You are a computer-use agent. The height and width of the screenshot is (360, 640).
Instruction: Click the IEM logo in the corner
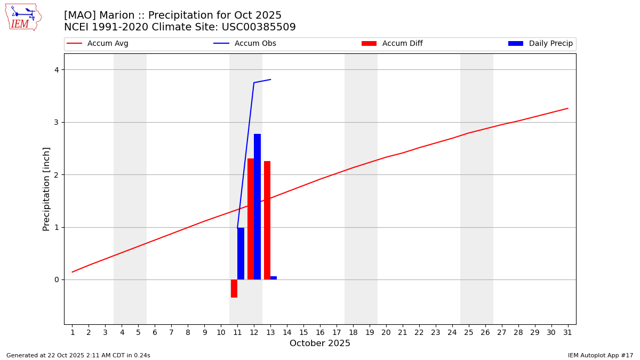[23, 17]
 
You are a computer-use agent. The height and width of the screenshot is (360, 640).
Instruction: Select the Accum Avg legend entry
[98, 44]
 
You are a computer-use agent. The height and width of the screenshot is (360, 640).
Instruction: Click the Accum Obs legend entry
[245, 44]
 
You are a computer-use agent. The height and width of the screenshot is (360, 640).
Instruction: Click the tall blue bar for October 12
[257, 206]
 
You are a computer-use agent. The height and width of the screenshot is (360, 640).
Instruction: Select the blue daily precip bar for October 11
[241, 253]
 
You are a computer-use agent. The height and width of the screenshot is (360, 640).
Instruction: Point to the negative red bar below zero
[234, 288]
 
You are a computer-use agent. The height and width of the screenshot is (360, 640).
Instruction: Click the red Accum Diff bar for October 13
[267, 220]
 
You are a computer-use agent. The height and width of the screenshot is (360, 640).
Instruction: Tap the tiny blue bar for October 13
[274, 278]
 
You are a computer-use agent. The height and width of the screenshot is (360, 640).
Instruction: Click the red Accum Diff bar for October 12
[251, 219]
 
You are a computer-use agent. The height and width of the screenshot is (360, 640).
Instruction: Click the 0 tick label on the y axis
[57, 280]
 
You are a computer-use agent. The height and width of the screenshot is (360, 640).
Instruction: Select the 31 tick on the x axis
[567, 332]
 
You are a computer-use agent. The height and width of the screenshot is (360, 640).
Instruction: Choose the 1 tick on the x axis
[73, 332]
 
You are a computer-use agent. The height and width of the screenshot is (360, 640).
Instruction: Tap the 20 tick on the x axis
[386, 332]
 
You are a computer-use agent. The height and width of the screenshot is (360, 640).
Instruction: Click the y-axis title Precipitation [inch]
[46, 189]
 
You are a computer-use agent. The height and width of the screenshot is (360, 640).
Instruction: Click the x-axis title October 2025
[320, 343]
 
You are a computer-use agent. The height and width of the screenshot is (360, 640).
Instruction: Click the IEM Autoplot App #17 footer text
[600, 355]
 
